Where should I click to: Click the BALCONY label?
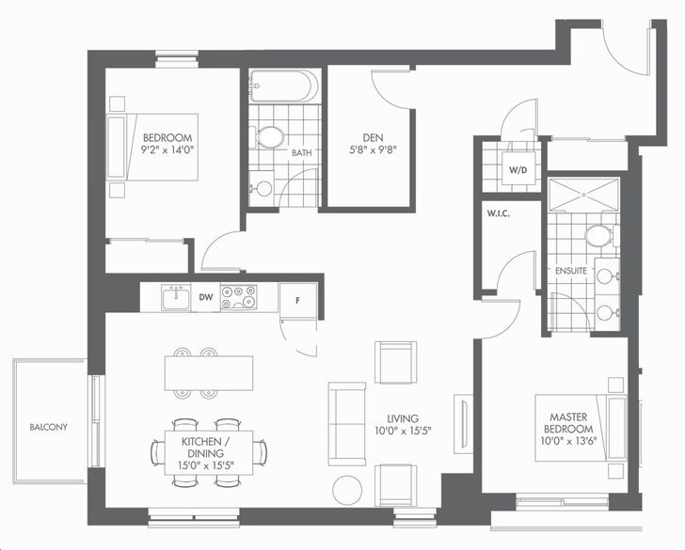[x=49, y=427]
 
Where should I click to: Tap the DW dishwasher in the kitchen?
[x=206, y=297]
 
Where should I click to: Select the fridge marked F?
[x=298, y=300]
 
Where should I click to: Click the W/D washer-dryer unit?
[x=518, y=170]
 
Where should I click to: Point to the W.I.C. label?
[x=499, y=214]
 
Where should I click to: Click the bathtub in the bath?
[x=280, y=86]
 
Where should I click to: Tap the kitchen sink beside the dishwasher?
[x=176, y=298]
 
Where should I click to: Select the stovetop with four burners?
[x=239, y=297]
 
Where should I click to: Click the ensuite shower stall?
[x=584, y=195]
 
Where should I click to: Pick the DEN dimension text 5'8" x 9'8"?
[x=373, y=150]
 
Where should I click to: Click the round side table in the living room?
[x=347, y=490]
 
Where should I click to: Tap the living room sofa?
[x=347, y=424]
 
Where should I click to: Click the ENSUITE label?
[x=571, y=271]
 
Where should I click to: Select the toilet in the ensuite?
[x=600, y=236]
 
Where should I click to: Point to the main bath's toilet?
[x=267, y=137]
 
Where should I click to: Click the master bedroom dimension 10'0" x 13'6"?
[x=568, y=441]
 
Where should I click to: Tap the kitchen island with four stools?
[x=209, y=373]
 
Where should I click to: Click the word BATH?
[x=302, y=152]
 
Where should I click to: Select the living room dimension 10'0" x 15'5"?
[x=403, y=431]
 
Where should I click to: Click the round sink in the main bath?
[x=263, y=189]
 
